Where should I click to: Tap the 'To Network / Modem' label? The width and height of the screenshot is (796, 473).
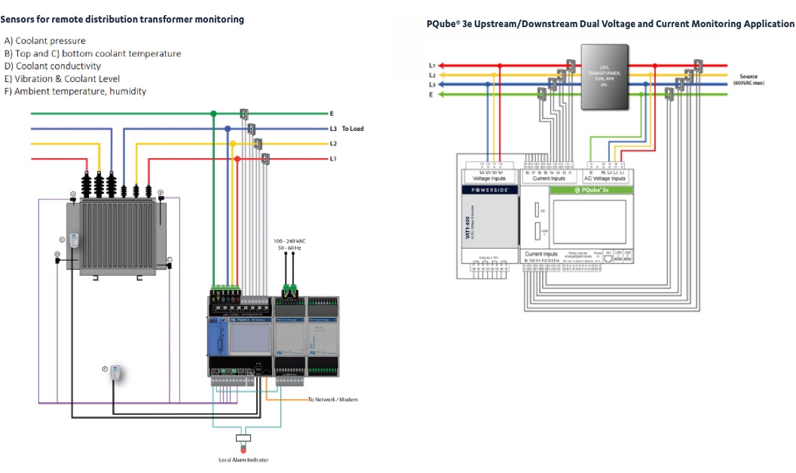pos(332,399)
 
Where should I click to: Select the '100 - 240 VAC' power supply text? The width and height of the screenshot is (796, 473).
pos(289,241)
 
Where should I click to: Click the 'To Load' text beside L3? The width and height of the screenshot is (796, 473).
pos(352,129)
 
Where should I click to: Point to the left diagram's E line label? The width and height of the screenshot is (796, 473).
pos(332,113)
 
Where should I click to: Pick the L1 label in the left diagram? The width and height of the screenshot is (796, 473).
pos(332,159)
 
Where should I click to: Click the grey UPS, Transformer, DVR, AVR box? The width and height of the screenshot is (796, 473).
pos(604,78)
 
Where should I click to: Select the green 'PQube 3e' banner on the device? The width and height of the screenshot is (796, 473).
pos(592,191)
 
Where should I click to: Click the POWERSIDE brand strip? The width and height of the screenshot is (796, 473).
pos(488,191)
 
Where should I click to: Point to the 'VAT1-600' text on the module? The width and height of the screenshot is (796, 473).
pos(468,229)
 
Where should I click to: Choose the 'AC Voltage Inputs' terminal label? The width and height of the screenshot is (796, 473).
pos(604,179)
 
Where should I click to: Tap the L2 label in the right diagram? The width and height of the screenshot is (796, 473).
pos(432,75)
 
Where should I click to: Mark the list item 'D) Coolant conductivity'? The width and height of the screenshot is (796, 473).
pos(53,66)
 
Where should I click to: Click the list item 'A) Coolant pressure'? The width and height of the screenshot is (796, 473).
pos(45,41)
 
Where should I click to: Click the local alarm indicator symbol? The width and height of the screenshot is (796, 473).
pos(243,439)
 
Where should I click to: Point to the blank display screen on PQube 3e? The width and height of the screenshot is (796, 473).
pos(592,222)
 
